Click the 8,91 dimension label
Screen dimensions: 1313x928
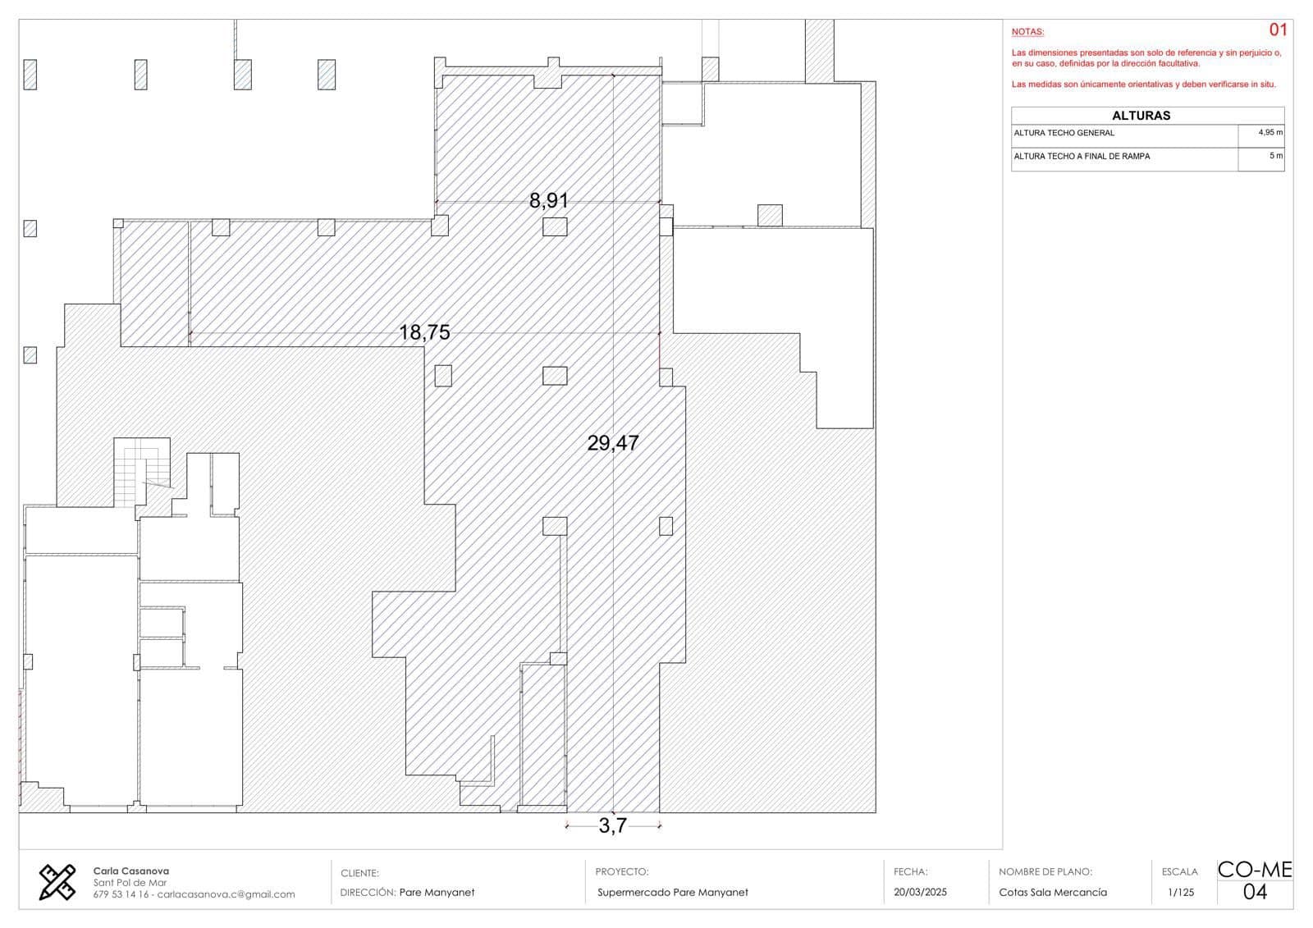pos(549,201)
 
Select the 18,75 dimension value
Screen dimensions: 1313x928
pos(424,332)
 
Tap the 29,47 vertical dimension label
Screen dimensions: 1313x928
pos(613,442)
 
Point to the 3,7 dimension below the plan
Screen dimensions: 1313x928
pos(612,825)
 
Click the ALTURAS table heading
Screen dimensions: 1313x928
pos(1141,116)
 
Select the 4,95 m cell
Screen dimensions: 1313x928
pos(1270,132)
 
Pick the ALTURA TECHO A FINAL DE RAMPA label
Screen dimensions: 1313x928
pos(1082,156)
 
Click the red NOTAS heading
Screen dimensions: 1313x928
pos(1027,32)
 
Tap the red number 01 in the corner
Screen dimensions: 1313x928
pos(1278,30)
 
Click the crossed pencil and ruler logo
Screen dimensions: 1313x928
pos(57,882)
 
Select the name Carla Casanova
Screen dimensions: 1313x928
pos(130,871)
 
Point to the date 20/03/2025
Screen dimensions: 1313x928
pos(920,892)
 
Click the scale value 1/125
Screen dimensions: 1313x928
pos(1181,892)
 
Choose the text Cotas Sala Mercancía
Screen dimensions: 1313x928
pos(1053,892)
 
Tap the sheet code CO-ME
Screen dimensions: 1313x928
pos(1255,870)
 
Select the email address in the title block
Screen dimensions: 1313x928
pos(226,894)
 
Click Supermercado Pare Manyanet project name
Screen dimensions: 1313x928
pos(673,892)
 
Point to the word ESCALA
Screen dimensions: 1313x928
pos(1180,871)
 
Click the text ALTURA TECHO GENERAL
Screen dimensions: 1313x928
pos(1064,133)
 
